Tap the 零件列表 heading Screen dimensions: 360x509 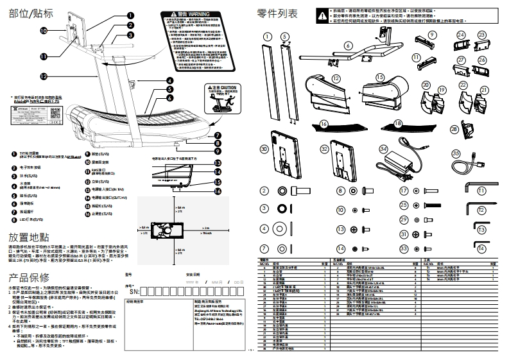coord(277,13)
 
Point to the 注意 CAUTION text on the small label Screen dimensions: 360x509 coord(225,88)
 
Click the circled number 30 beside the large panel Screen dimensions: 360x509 coord(264,148)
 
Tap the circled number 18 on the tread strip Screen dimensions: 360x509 coord(397,123)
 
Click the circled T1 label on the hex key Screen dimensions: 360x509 coord(481,191)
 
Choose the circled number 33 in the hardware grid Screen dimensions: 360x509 coord(404,248)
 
